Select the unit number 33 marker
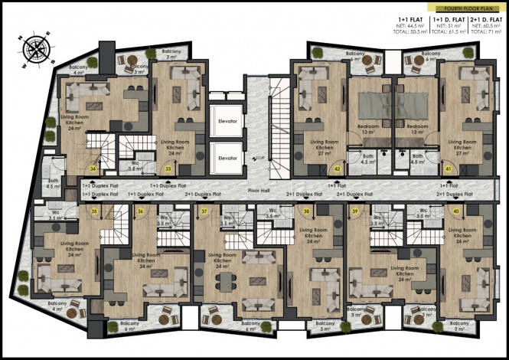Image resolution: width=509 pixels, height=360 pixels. (168, 169)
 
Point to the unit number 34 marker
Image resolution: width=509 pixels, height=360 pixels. (93, 169)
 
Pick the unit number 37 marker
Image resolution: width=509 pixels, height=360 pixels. (204, 210)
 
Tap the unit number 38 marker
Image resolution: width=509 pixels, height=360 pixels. (307, 210)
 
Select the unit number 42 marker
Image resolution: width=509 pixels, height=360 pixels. (337, 169)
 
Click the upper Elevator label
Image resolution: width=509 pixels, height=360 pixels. (227, 122)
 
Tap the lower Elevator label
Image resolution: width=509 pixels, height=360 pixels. (227, 158)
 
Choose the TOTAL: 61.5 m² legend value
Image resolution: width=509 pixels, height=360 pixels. (449, 34)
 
